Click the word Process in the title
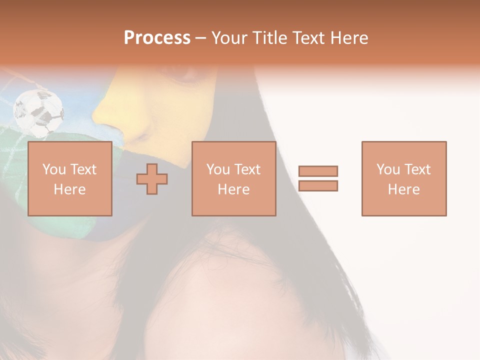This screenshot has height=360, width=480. (157, 38)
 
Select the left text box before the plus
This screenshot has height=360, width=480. (69, 178)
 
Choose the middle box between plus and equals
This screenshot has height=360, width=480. (233, 178)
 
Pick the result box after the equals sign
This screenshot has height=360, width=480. (403, 178)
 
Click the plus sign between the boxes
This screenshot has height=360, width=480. (152, 179)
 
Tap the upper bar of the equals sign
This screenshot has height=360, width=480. (318, 171)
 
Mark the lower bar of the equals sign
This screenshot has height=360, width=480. (318, 185)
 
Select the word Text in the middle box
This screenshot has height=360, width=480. (248, 169)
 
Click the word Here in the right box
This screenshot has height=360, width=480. (403, 189)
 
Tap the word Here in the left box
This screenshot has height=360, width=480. (69, 189)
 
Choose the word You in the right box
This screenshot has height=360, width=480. (388, 169)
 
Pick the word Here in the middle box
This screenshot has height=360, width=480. (233, 189)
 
